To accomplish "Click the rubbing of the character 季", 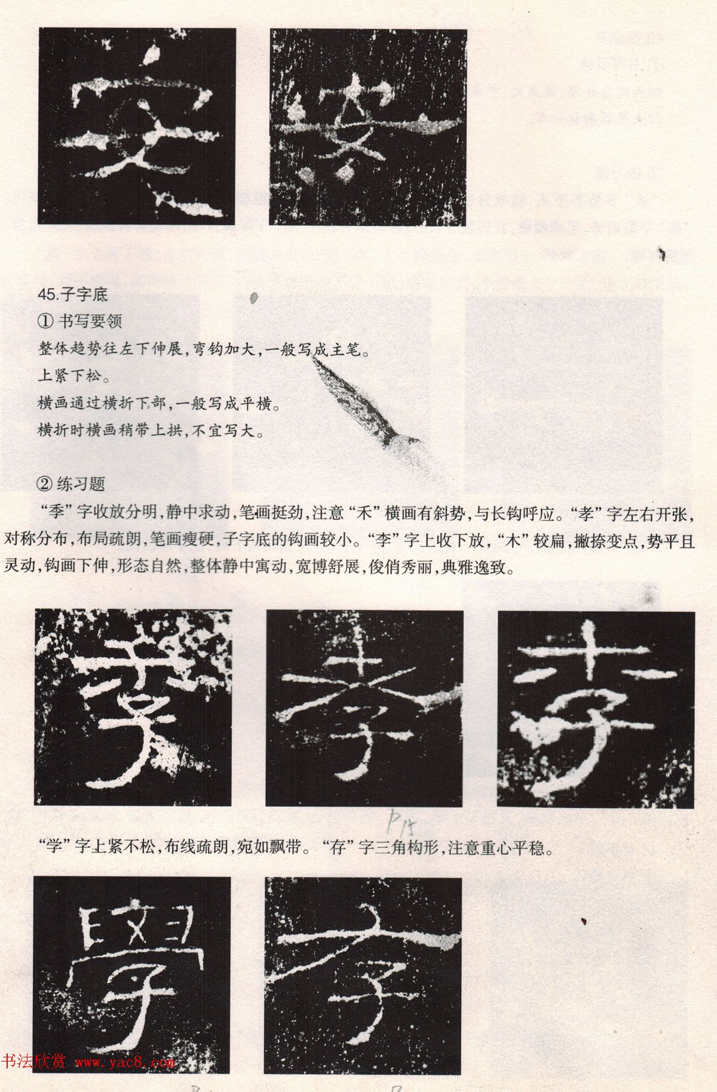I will [133, 708].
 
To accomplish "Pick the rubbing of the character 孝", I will [364, 709].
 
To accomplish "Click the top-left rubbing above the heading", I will [137, 126].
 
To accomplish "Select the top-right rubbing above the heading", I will [367, 127].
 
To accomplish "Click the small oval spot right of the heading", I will [253, 297].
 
